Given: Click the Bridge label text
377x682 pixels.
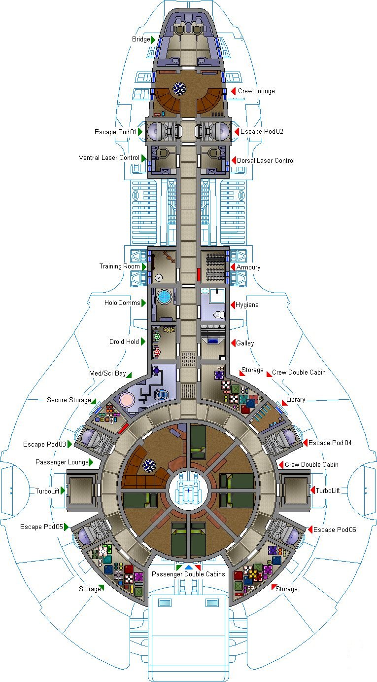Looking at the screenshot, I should [x=141, y=39].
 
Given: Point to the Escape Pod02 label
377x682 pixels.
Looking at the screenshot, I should [x=262, y=132].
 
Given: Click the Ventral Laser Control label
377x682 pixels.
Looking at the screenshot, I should [x=109, y=158].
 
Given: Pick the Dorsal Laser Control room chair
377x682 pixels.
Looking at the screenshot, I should [x=213, y=153].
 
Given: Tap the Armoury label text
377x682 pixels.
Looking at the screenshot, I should [x=248, y=267].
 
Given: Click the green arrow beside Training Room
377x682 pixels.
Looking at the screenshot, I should [x=144, y=266].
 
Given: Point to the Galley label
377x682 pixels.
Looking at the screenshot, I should [x=245, y=343].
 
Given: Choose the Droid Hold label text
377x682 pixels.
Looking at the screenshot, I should [x=124, y=341].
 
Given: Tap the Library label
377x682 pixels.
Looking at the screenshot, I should [x=295, y=400].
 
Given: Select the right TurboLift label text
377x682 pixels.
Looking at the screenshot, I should [x=328, y=491].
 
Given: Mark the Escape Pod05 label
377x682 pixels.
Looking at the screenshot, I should [x=41, y=527].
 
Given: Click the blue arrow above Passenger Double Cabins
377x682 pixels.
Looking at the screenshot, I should [x=188, y=568].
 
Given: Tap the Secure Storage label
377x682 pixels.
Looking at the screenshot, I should [x=69, y=400].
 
